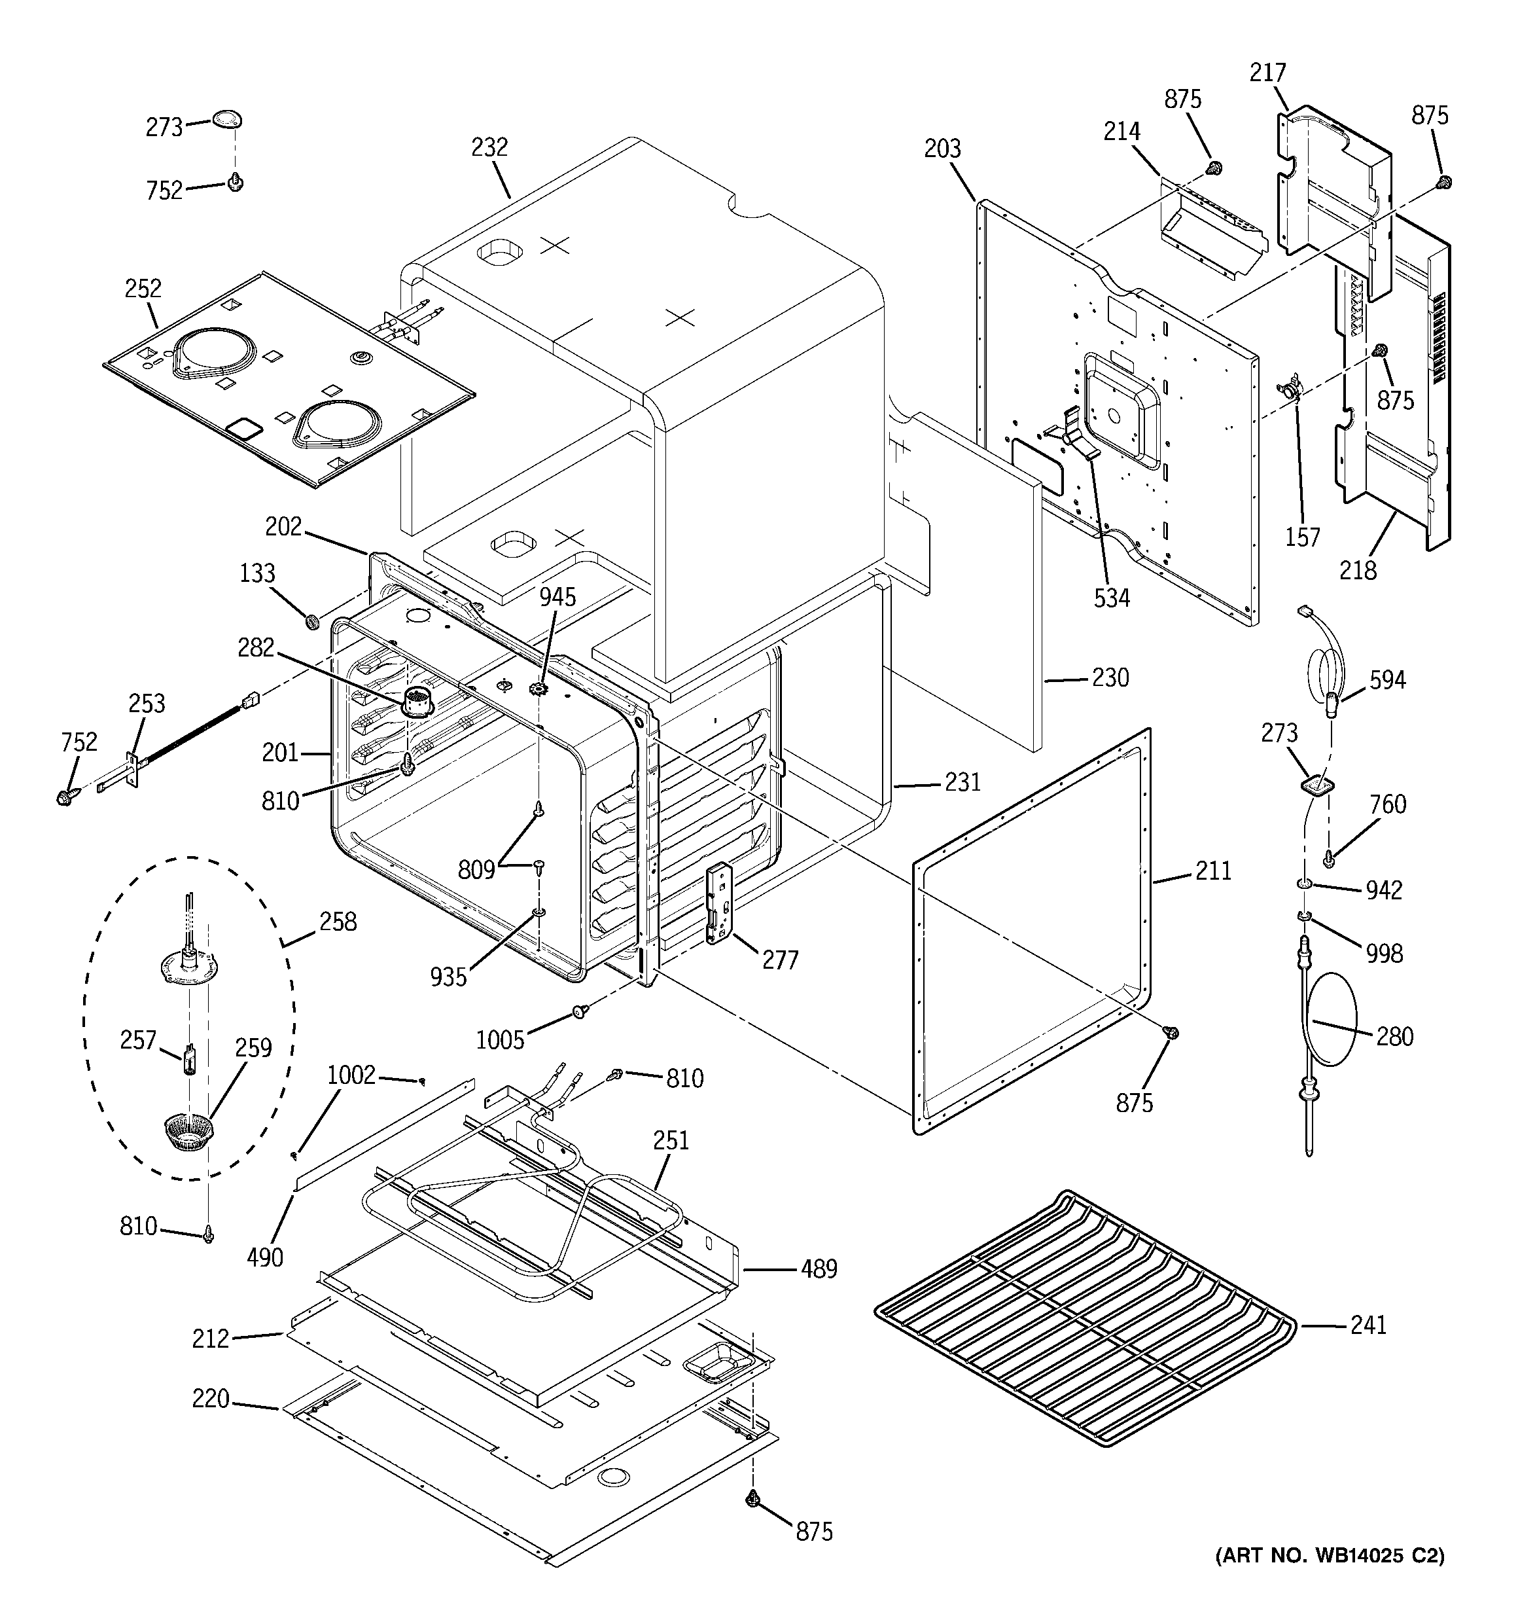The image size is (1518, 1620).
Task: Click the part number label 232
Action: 489,147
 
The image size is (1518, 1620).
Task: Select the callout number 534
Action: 1112,598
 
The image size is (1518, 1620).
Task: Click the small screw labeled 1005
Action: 580,1011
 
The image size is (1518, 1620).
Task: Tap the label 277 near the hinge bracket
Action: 780,961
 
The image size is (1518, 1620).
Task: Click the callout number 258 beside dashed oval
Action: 338,922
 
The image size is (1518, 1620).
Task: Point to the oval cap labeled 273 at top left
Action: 227,120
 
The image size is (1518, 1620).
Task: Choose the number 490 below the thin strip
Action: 265,1257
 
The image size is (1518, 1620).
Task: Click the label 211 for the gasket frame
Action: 1213,871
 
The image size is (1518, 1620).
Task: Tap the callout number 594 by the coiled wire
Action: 1387,679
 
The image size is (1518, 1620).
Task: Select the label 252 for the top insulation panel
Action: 143,289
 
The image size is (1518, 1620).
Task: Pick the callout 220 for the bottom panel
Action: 210,1400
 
